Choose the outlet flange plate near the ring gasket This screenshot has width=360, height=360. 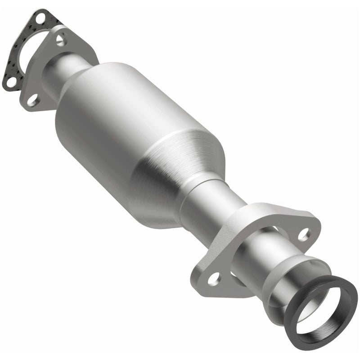(252, 234)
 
